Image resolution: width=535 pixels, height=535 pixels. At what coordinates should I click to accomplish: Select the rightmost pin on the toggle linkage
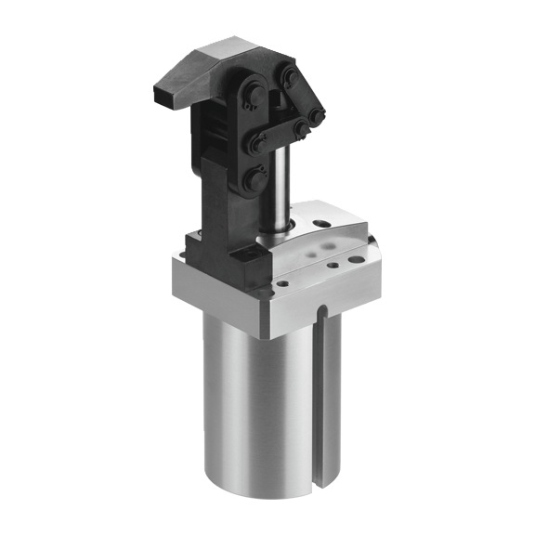coord(317,117)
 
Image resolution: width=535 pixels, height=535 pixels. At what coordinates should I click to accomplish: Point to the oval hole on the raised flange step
coord(322,224)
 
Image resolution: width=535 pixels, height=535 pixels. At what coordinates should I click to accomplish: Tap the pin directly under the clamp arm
coord(252,97)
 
